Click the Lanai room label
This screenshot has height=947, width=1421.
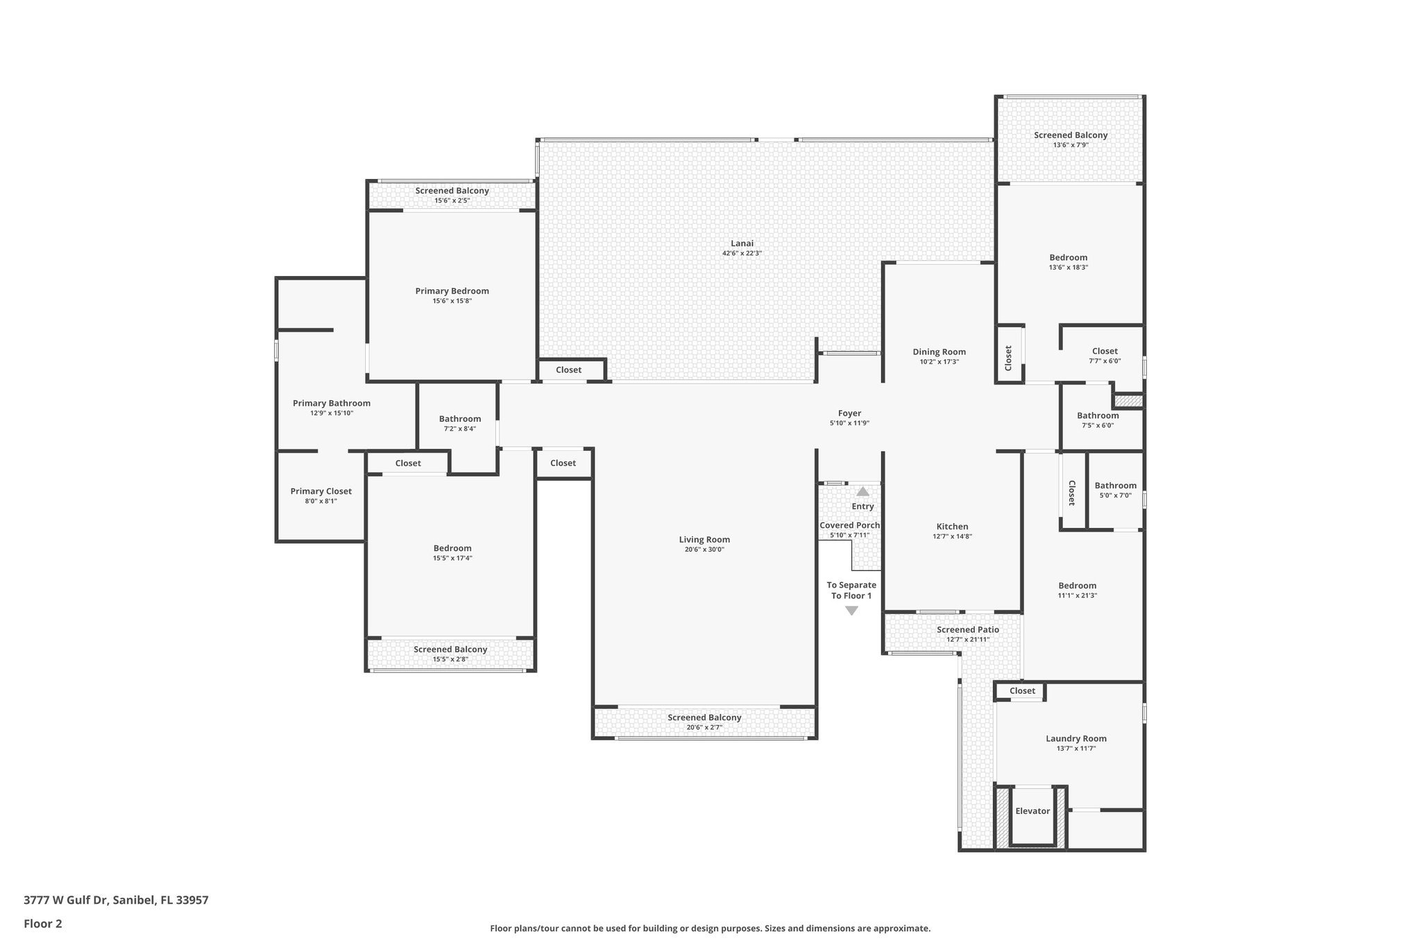742,244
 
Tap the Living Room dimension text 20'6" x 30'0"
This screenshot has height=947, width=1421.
704,549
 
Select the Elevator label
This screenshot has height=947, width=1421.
1032,811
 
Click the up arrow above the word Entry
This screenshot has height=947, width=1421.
862,491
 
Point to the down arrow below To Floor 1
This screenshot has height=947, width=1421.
851,611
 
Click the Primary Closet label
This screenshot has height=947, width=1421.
321,491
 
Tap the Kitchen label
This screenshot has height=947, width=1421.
952,527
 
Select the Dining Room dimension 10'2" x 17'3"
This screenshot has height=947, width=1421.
939,361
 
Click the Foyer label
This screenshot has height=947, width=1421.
849,413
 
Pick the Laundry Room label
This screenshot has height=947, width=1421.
1075,739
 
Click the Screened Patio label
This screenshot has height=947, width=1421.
967,630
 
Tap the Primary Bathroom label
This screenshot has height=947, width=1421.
331,403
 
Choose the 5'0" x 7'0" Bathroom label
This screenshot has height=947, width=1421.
1115,486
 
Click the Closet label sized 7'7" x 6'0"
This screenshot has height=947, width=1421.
1105,351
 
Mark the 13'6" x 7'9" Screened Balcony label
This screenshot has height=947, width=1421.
1070,135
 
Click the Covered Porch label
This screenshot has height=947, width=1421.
849,525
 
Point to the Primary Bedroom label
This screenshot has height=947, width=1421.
452,291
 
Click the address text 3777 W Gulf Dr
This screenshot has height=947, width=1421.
67,901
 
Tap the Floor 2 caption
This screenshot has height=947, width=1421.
43,923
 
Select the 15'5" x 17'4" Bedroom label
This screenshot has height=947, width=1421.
452,548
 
